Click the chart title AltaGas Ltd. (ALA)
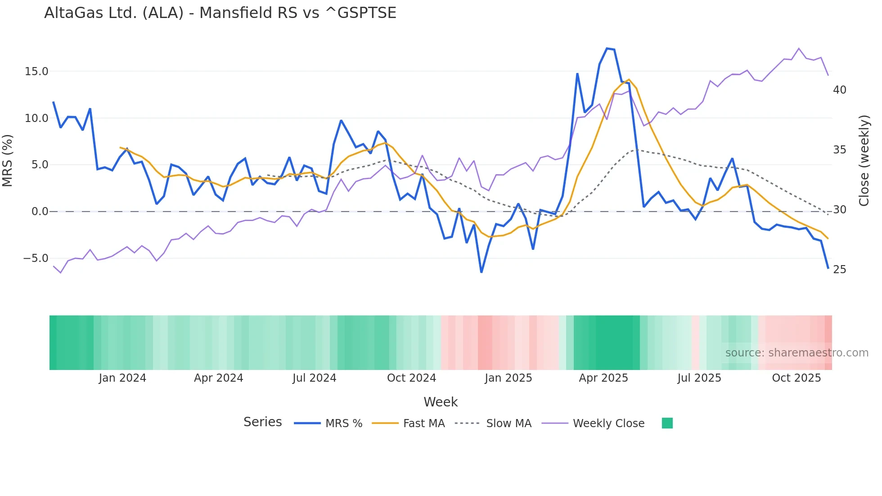220,13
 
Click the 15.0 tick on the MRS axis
36,72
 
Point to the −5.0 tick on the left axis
36,258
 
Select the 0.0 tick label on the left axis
40,212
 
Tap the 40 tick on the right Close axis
840,90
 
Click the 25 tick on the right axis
840,270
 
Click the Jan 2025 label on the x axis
508,378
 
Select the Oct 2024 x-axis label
411,378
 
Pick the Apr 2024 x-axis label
218,378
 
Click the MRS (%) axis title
8,160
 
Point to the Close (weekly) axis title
864,161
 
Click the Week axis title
441,402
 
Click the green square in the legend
667,423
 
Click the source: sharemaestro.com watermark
796,353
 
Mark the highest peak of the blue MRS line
607,48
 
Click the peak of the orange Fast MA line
629,79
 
